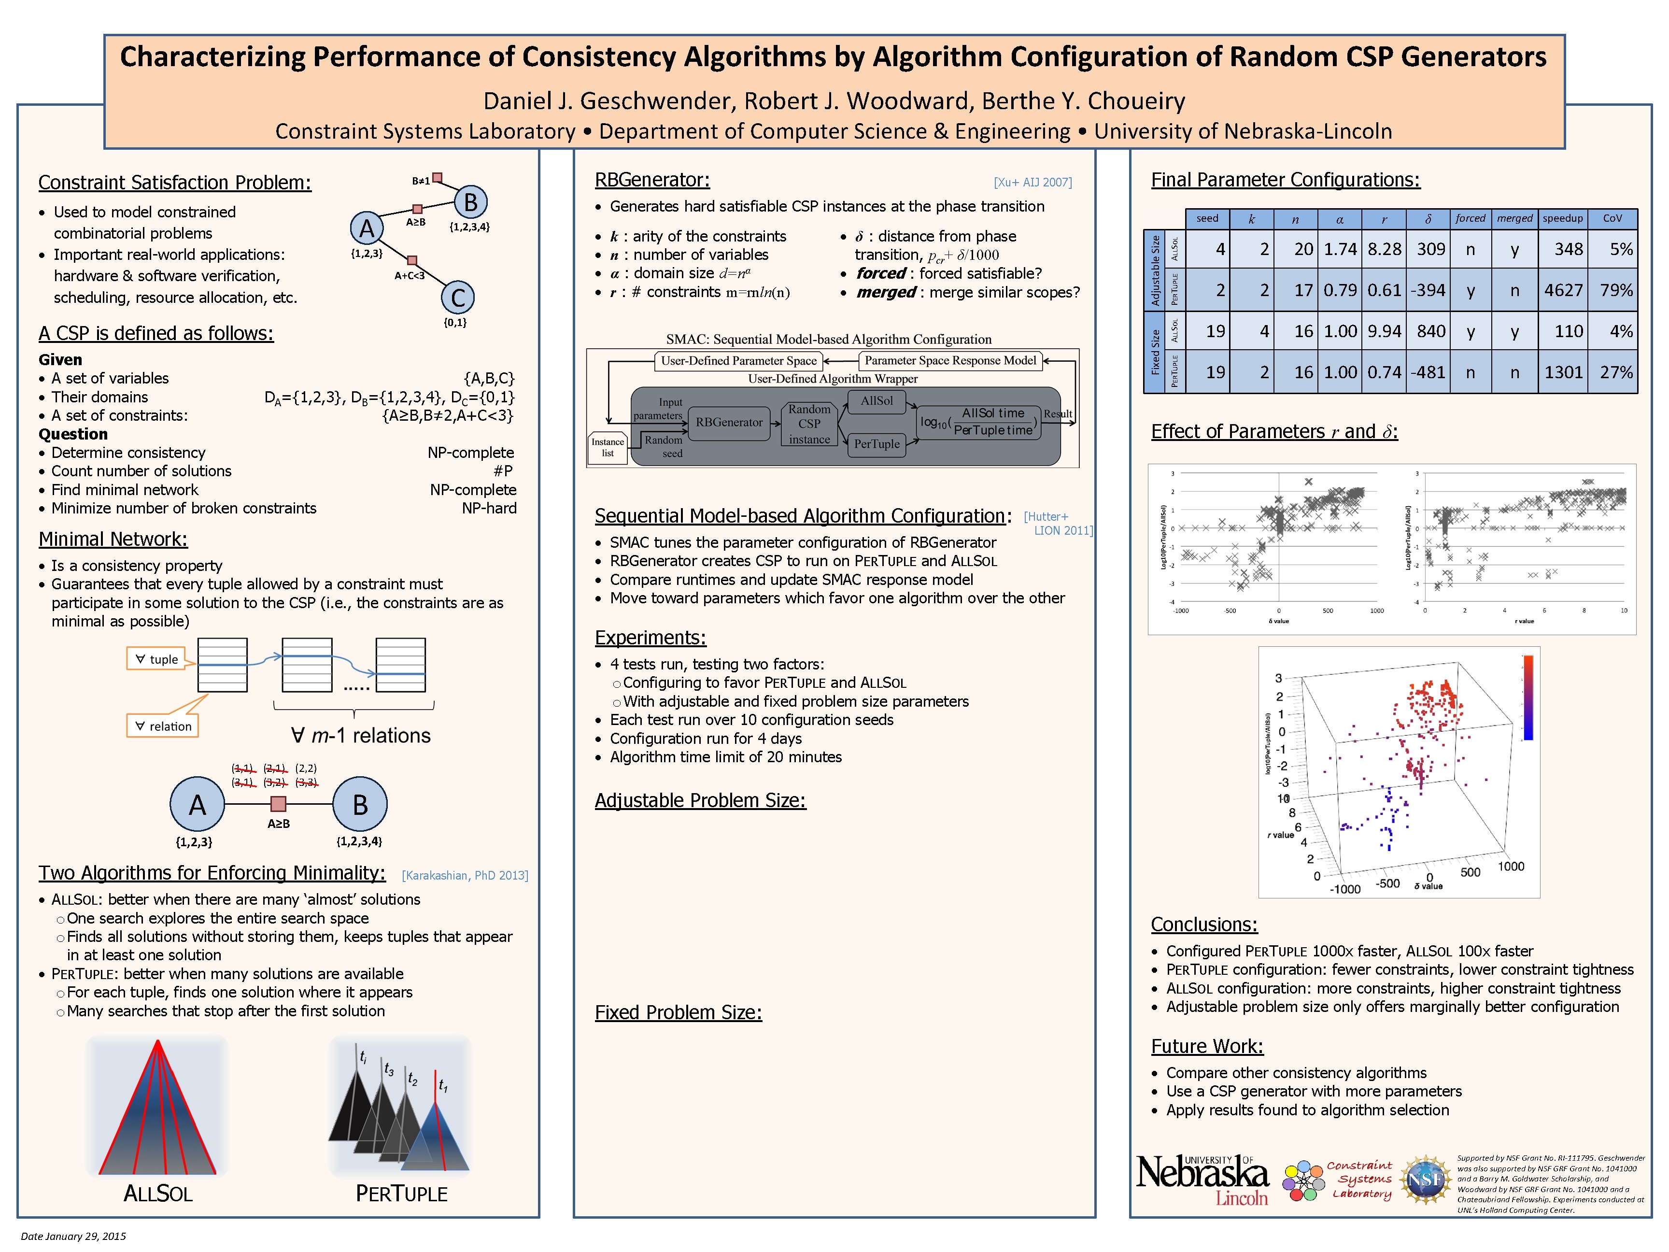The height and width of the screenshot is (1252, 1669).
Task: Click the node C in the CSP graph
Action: pos(457,298)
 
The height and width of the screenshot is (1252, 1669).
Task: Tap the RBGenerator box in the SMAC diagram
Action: pos(728,423)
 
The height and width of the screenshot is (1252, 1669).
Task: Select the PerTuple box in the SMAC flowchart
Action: pos(876,444)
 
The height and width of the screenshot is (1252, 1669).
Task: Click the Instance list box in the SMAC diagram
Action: pos(608,447)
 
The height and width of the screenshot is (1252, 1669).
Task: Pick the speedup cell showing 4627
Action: pos(1563,291)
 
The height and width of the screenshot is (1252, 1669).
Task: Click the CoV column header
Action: pos(1612,219)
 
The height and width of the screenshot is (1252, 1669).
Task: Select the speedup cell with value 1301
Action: pos(1563,372)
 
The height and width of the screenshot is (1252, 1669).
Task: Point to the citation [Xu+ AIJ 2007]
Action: pos(1032,182)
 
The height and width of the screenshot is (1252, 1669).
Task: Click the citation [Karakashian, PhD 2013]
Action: pos(465,875)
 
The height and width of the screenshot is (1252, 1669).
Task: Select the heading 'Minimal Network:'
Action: pos(113,539)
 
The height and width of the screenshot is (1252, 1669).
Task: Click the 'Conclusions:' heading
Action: pos(1203,925)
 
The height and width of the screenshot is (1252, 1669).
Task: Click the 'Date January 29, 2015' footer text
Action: pos(73,1236)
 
